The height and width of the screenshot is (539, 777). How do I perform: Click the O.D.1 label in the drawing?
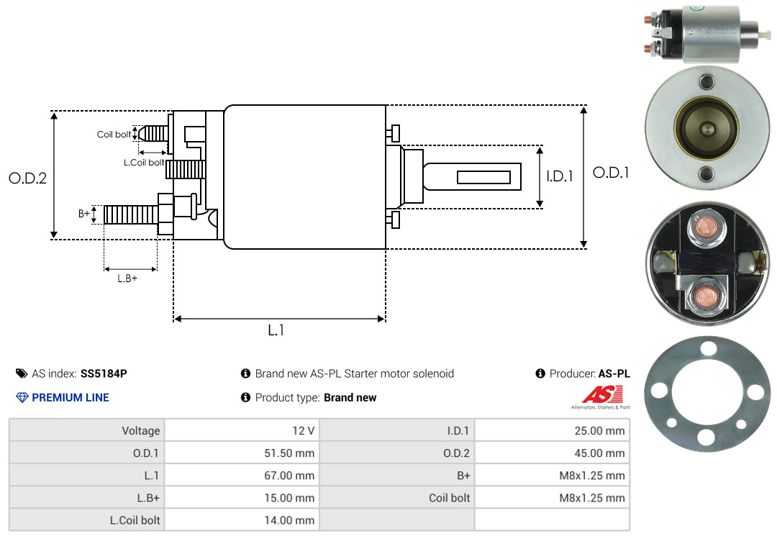[x=611, y=173]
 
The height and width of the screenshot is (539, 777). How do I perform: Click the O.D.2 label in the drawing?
[x=27, y=178]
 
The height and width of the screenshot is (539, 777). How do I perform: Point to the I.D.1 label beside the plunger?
[x=559, y=176]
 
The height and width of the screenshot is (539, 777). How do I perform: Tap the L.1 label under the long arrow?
[x=276, y=330]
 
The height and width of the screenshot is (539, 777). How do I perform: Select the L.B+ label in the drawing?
[x=127, y=278]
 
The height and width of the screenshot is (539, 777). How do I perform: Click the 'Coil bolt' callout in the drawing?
[x=114, y=135]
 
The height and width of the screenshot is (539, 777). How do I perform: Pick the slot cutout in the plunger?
[x=484, y=178]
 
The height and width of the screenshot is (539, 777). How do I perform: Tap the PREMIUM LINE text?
[x=71, y=397]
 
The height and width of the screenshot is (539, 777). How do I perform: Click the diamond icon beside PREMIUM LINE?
[x=22, y=397]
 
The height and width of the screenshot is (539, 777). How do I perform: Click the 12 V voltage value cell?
[x=303, y=431]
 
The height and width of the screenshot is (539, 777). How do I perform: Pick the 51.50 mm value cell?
[x=290, y=453]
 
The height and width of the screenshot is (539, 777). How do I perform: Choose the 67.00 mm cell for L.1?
[x=290, y=476]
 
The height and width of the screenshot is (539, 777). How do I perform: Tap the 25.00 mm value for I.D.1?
[x=600, y=431]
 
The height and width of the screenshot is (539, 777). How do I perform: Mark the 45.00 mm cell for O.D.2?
[x=600, y=453]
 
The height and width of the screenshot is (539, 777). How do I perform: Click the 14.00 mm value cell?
[x=290, y=520]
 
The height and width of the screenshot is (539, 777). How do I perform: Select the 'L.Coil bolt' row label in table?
[x=135, y=520]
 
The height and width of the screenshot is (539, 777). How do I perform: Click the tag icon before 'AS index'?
[x=22, y=373]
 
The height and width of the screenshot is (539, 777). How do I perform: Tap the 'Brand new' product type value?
[x=350, y=397]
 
